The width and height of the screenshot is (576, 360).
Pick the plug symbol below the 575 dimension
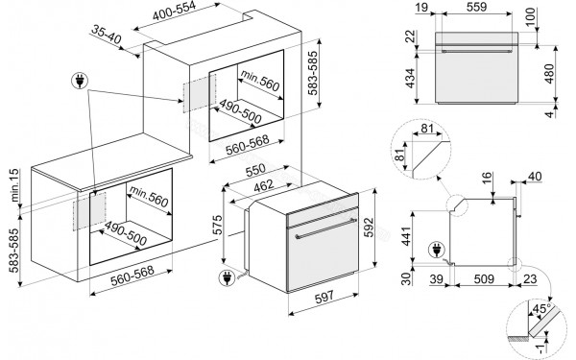pyautogui.click(x=228, y=279)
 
